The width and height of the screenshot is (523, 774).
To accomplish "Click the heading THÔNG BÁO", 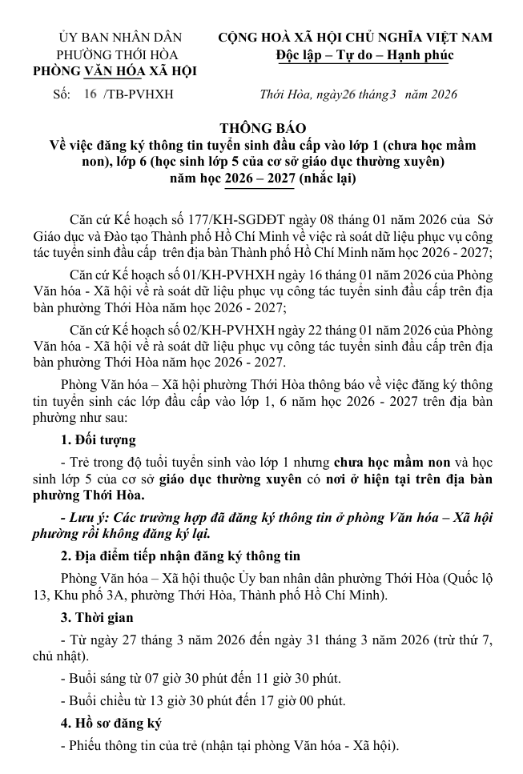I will click(x=263, y=128).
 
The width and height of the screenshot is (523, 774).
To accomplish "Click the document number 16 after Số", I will click(x=89, y=94).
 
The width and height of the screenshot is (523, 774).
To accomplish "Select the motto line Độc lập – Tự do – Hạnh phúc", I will click(x=362, y=55).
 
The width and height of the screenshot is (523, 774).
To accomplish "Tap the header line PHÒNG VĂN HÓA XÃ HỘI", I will click(x=115, y=72).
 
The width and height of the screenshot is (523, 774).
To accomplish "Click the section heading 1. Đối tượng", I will click(x=99, y=439).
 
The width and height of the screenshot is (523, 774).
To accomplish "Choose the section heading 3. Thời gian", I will click(x=97, y=617).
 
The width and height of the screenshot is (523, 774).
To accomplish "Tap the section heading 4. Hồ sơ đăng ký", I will click(x=111, y=724).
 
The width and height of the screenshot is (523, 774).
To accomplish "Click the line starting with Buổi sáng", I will click(x=200, y=679).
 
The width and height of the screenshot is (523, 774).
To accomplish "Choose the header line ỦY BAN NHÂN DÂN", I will click(x=120, y=38).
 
